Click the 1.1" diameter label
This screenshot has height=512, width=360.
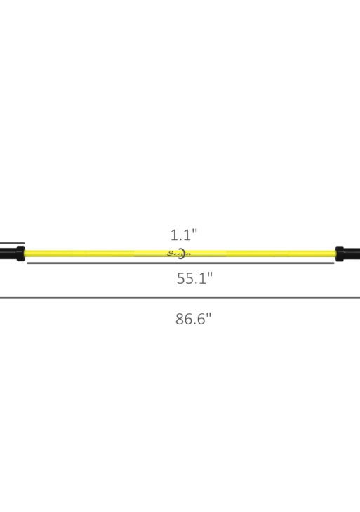pyautogui.click(x=184, y=235)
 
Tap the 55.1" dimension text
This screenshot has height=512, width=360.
pyautogui.click(x=194, y=277)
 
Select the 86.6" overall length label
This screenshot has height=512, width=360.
pyautogui.click(x=193, y=319)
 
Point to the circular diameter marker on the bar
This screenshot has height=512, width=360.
pyautogui.click(x=182, y=253)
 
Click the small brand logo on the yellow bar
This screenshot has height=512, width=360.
pyautogui.click(x=173, y=253)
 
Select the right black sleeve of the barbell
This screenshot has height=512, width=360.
pyautogui.click(x=352, y=253)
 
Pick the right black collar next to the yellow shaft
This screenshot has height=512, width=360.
pyautogui.click(x=339, y=253)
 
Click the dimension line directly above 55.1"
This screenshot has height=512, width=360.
pyautogui.click(x=180, y=264)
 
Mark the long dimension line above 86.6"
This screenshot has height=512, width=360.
pyautogui.click(x=180, y=298)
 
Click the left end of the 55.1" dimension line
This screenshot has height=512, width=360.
pyautogui.click(x=27, y=264)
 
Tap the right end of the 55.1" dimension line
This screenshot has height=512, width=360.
pyautogui.click(x=334, y=264)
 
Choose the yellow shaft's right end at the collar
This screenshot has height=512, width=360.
pyautogui.click(x=333, y=253)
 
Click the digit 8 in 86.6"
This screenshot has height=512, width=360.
pyautogui.click(x=180, y=319)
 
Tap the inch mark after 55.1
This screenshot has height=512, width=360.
pyautogui.click(x=210, y=274)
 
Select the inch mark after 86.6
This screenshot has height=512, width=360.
pyautogui.click(x=208, y=315)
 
